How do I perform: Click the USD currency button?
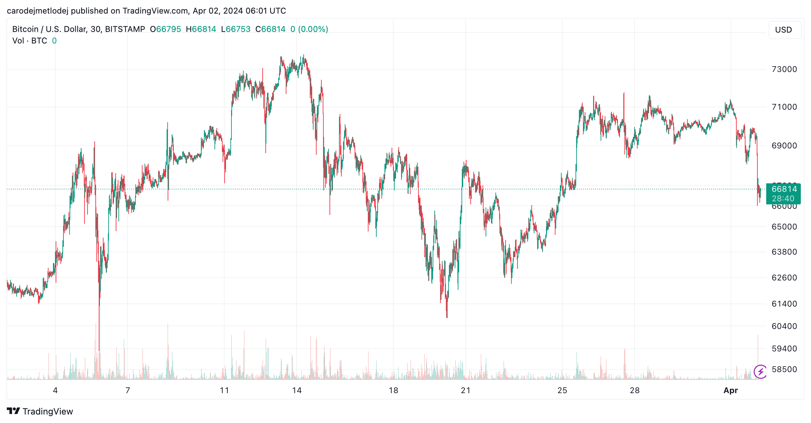[784, 30]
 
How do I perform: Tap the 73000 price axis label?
[784, 69]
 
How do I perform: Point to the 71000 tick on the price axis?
[784, 107]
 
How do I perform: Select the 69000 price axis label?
[784, 146]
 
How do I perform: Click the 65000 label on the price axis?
[784, 227]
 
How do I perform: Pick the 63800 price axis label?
[784, 252]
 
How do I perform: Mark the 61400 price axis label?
[784, 304]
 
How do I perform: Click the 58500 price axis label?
[784, 369]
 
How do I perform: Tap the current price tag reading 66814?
[784, 189]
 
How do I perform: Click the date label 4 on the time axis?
[55, 390]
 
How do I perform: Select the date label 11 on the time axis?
[224, 390]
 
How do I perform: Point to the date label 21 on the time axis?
[466, 390]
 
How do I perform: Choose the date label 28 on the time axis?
[635, 390]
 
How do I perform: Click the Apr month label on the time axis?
[731, 390]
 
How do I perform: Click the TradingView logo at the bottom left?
[40, 411]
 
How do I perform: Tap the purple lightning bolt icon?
[760, 371]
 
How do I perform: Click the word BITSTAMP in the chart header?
[125, 29]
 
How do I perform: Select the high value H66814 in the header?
[201, 29]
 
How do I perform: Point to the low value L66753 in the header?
[236, 29]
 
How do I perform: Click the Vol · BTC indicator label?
[30, 41]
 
